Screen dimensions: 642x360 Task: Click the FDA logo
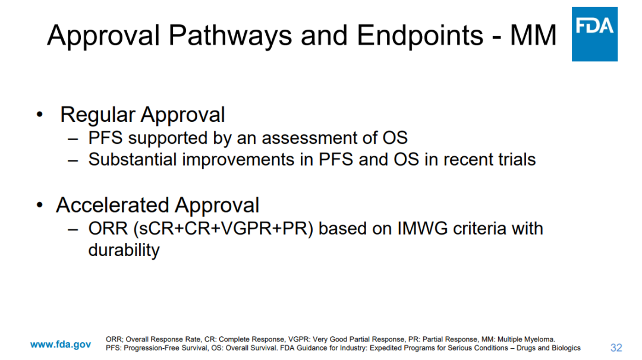[x=594, y=34]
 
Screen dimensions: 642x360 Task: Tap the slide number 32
[x=616, y=348]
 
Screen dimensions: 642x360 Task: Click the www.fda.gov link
[x=61, y=345]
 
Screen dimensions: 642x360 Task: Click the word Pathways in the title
[x=230, y=35]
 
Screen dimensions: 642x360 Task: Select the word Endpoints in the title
[x=420, y=35]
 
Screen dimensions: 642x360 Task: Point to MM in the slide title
[x=533, y=35]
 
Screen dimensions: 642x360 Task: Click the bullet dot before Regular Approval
[x=39, y=114]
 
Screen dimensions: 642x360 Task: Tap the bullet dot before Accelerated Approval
[x=39, y=204]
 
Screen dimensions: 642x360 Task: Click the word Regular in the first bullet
[x=97, y=115]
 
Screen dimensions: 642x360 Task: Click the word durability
[x=124, y=250]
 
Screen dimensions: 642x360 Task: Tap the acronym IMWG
[x=423, y=229]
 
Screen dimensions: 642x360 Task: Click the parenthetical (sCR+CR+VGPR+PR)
[x=223, y=229]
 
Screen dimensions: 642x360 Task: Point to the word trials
[x=517, y=160]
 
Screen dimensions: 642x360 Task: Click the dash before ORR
[x=73, y=229]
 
